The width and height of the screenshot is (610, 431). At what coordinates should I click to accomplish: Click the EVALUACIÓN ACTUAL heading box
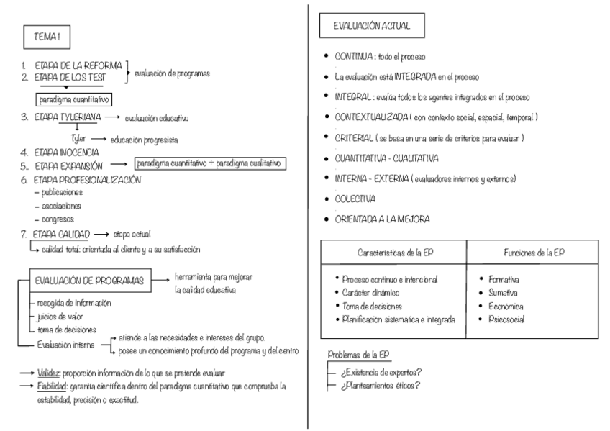pyautogui.click(x=372, y=26)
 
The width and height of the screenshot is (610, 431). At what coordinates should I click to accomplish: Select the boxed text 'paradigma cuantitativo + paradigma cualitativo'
pyautogui.click(x=209, y=165)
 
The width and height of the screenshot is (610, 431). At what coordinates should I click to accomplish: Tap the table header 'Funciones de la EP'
pyautogui.click(x=532, y=253)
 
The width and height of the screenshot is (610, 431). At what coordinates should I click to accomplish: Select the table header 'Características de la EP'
pyautogui.click(x=393, y=253)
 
